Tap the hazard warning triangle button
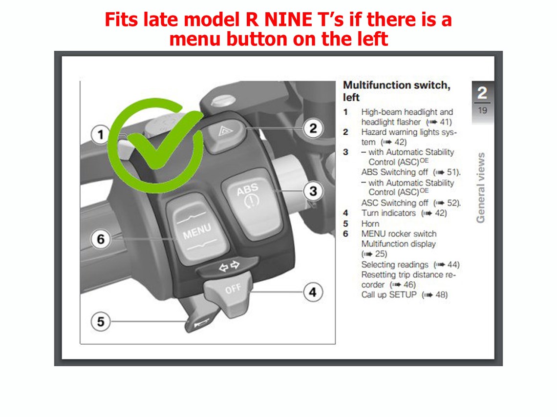[x=224, y=135]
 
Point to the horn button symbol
[x=201, y=324]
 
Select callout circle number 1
[x=101, y=135]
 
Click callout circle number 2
[x=313, y=128]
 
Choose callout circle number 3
[x=313, y=191]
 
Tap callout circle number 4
[x=313, y=292]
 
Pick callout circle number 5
[x=101, y=321]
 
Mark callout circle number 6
[x=101, y=239]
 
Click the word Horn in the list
[x=370, y=224]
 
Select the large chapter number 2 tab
[x=482, y=93]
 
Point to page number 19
[x=482, y=110]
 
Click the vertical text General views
[x=481, y=188]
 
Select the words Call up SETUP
[x=389, y=294]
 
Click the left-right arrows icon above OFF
[x=229, y=266]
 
